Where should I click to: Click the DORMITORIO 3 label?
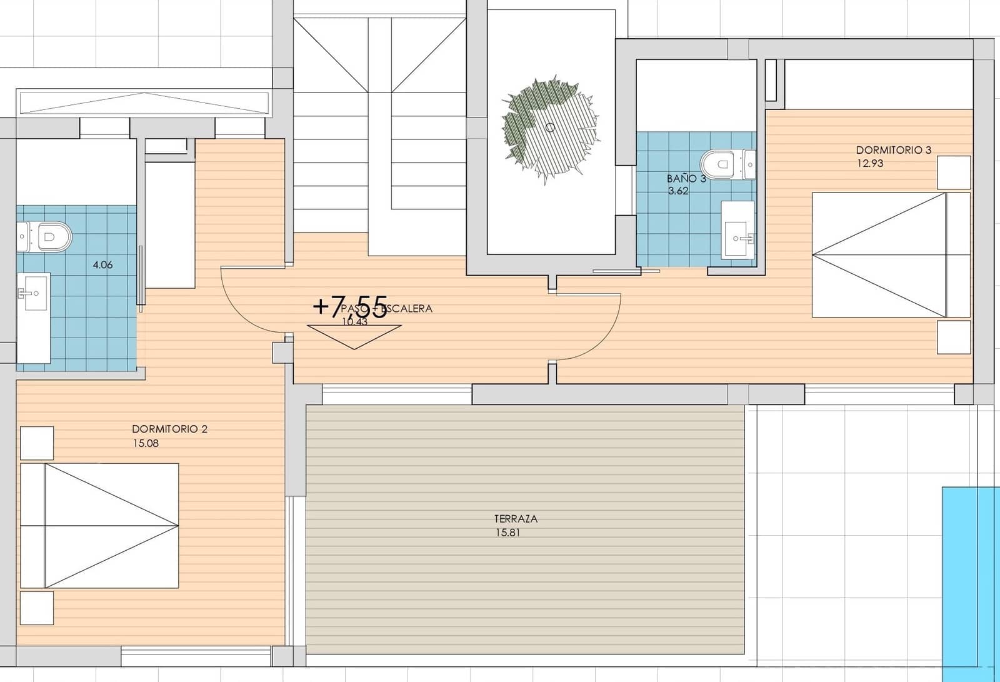pyautogui.click(x=893, y=150)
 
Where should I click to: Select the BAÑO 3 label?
pyautogui.click(x=686, y=179)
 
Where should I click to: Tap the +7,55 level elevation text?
pyautogui.click(x=350, y=307)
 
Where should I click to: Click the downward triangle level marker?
pyautogui.click(x=354, y=336)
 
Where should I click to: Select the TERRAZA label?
pyautogui.click(x=516, y=519)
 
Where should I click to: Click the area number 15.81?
pyautogui.click(x=506, y=533)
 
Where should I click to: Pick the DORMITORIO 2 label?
pyautogui.click(x=169, y=429)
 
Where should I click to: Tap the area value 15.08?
pyautogui.click(x=145, y=443)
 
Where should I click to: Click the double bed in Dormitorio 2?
pyautogui.click(x=100, y=525)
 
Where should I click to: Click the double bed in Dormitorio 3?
pyautogui.click(x=891, y=255)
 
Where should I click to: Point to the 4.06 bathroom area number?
pyautogui.click(x=102, y=265)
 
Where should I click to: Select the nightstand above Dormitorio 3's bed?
pyautogui.click(x=954, y=173)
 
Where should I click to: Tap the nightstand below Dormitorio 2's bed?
pyautogui.click(x=37, y=608)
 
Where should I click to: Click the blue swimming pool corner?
pyautogui.click(x=971, y=581)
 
